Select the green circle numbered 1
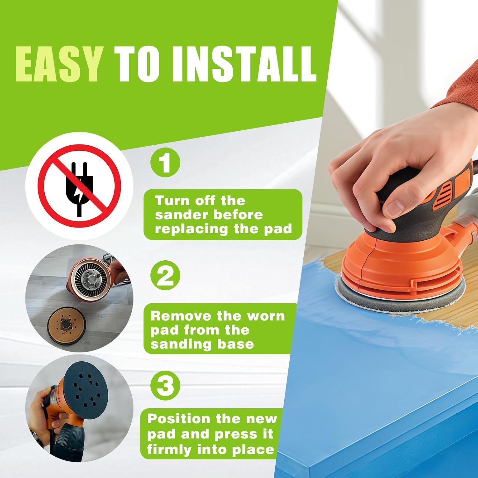pos(165,162)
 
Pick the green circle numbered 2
pos(165,275)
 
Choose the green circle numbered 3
pos(165,385)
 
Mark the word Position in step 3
pos(179,419)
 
